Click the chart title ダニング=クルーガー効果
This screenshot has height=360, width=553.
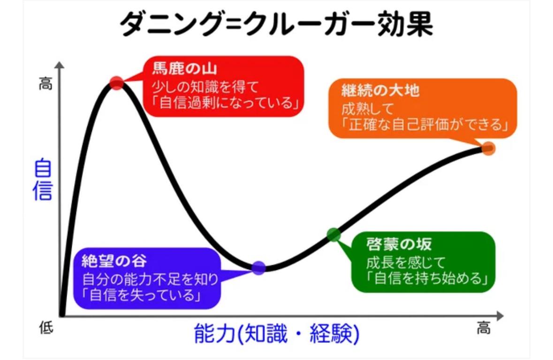click(276, 24)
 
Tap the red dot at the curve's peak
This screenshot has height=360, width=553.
click(116, 83)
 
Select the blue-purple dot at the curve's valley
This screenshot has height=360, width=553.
click(258, 268)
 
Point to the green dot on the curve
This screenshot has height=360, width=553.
click(333, 234)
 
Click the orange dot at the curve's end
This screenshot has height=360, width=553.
click(488, 149)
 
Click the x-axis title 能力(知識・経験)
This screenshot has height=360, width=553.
click(277, 333)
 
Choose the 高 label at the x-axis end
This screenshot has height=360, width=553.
click(484, 328)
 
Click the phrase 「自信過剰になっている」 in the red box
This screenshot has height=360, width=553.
click(222, 103)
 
